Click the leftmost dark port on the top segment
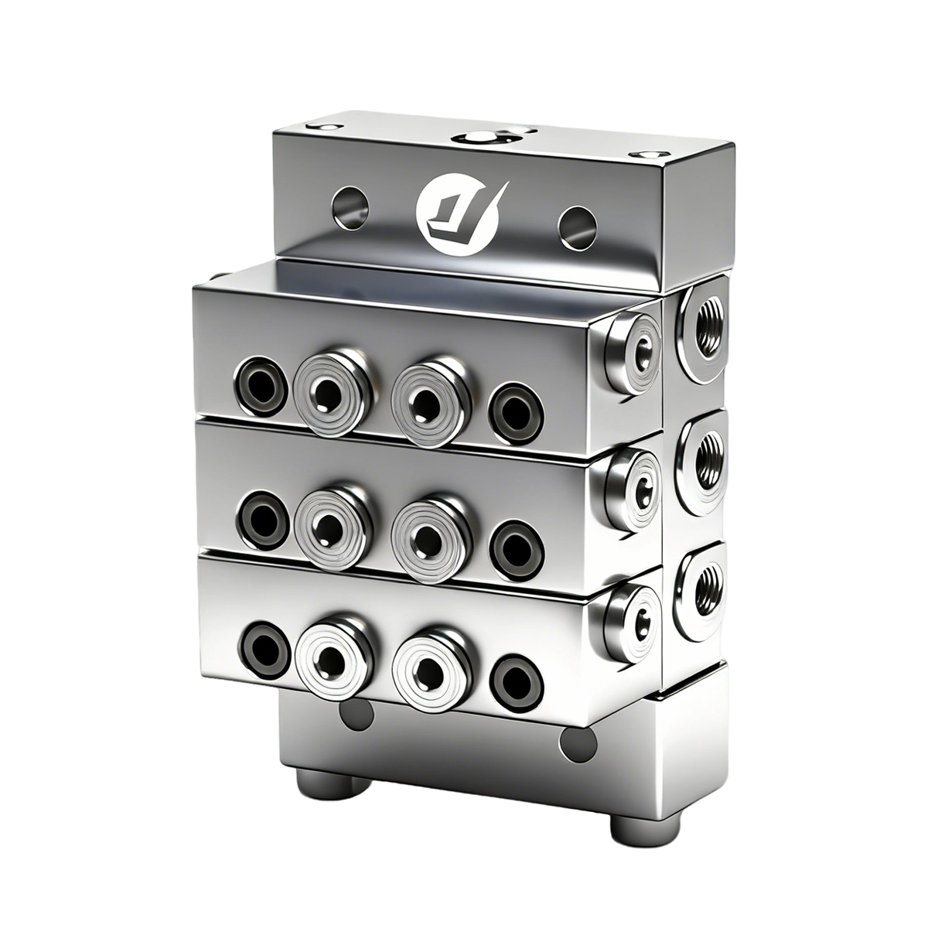(x=258, y=381)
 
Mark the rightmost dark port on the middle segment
(x=515, y=541)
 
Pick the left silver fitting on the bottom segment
(x=328, y=657)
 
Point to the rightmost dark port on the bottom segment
(x=516, y=677)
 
